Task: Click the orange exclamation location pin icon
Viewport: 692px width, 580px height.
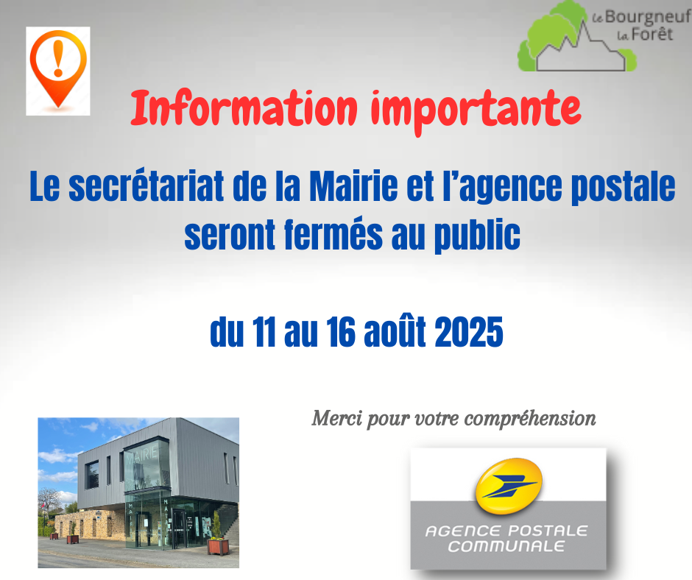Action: click(58, 69)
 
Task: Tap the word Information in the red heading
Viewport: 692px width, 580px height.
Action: click(244, 109)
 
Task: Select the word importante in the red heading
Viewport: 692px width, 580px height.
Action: click(476, 111)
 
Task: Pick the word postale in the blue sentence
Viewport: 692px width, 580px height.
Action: click(623, 188)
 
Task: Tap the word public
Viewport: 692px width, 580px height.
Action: click(477, 236)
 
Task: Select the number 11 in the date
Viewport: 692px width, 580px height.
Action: click(264, 332)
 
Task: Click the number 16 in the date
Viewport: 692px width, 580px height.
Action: click(341, 332)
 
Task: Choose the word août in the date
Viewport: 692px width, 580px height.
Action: click(395, 331)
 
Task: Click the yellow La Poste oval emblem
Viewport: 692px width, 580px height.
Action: click(509, 487)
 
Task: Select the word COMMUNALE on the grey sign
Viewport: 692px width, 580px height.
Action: click(506, 546)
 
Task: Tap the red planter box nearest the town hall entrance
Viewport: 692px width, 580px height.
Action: click(219, 546)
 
